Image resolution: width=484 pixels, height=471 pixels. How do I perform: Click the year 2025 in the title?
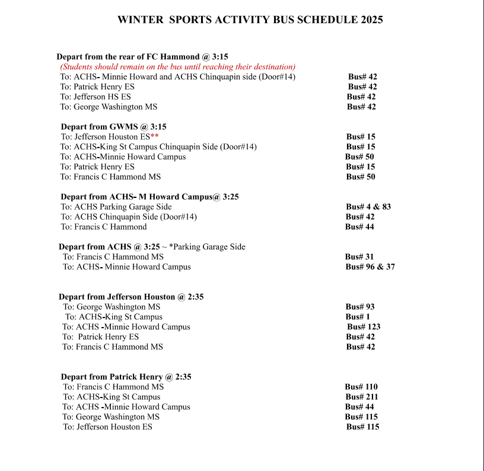(x=370, y=20)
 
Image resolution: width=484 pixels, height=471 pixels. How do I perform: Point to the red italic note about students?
(x=177, y=67)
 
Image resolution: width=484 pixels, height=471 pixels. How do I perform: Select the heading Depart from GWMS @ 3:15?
(x=113, y=127)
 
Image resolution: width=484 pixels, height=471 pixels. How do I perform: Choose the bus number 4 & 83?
(x=368, y=207)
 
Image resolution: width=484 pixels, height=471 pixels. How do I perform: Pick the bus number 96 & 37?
(x=370, y=267)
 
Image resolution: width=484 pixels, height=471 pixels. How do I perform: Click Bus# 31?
(x=359, y=257)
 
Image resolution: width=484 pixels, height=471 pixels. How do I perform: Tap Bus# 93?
(x=360, y=307)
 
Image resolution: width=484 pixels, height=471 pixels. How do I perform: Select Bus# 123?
(x=364, y=326)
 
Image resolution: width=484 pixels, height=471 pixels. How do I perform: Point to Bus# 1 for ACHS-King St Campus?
(x=358, y=317)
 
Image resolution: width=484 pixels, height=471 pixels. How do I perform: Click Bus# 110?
(x=361, y=387)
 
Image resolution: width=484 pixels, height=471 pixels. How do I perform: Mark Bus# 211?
(x=362, y=397)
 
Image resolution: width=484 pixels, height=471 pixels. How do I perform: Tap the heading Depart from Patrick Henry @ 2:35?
(x=126, y=377)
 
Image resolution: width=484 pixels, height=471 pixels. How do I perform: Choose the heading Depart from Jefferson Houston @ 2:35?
(x=131, y=297)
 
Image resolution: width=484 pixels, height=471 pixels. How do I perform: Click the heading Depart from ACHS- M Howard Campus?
(x=149, y=197)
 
